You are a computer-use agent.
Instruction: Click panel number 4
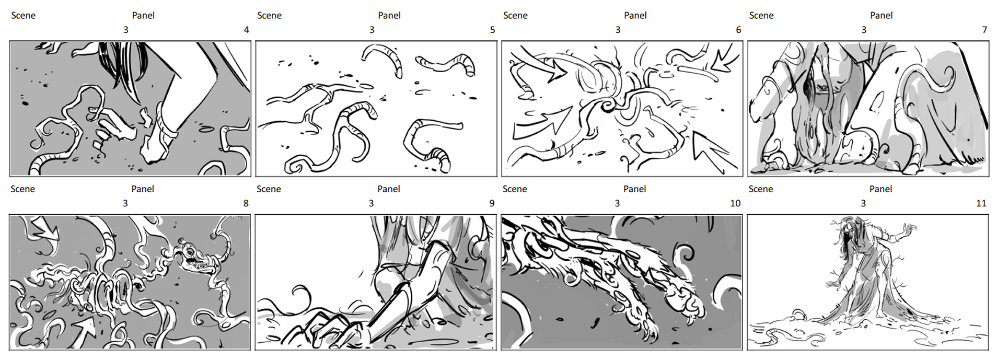point(246,30)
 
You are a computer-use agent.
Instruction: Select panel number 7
point(984,30)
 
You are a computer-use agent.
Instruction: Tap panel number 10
point(735,203)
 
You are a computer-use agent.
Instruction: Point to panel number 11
point(981,203)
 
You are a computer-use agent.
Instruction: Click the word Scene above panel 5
point(269,16)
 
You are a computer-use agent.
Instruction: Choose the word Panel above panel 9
point(389,189)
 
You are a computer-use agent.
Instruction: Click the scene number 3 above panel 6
point(618,30)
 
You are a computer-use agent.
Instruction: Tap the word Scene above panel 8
point(22,189)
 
